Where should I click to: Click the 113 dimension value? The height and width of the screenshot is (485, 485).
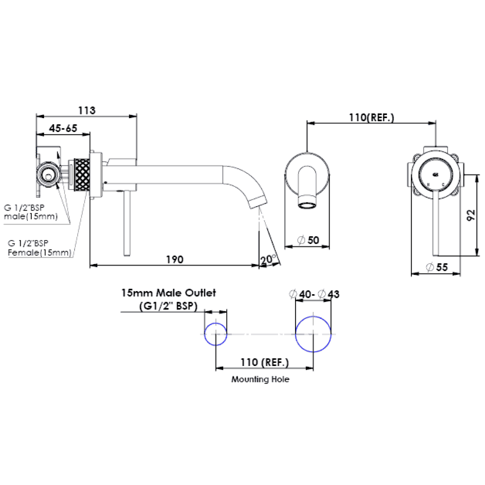coord(87,110)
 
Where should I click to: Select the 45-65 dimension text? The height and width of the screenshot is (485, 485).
coord(63,128)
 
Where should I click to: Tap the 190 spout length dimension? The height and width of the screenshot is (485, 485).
coord(175,259)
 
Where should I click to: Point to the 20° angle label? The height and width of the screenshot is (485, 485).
coord(268,259)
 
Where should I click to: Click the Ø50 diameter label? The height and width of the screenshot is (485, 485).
coord(308,240)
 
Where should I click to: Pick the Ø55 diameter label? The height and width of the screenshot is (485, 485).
coord(437,267)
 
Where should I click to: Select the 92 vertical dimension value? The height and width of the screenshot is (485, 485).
coord(471,215)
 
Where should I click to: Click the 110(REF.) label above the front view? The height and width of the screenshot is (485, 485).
coord(371,118)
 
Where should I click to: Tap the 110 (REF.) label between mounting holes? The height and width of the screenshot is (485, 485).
coord(265,362)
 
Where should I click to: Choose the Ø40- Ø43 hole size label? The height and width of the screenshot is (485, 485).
coord(314,294)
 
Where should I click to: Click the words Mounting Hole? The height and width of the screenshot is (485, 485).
coord(260,379)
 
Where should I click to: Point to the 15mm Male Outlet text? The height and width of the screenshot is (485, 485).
coord(168,293)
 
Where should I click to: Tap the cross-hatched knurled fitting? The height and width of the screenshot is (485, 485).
coord(82,174)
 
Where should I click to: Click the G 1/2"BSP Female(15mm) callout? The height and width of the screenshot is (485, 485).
coord(39,248)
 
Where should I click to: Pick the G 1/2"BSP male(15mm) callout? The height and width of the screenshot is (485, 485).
coord(31,212)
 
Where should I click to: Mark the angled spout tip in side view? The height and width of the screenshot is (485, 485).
coord(258,203)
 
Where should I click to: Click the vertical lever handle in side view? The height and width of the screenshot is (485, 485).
coord(127,223)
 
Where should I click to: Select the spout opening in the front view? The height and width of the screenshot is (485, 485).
coord(307,205)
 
